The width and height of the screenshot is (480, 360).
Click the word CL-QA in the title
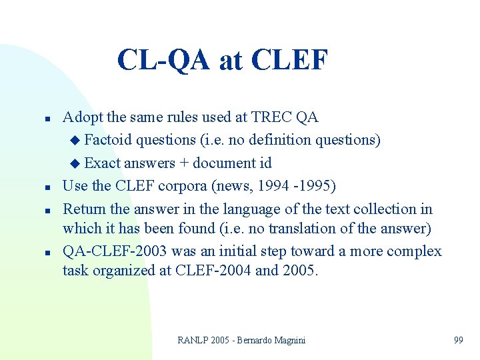click(x=162, y=59)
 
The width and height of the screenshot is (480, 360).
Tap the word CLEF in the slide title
click(x=290, y=59)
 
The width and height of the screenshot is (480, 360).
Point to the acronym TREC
click(x=272, y=118)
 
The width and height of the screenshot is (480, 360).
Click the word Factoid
click(x=107, y=140)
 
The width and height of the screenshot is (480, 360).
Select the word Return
click(x=83, y=209)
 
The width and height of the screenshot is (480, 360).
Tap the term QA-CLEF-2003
click(x=114, y=251)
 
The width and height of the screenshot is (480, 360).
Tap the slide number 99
click(x=458, y=341)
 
